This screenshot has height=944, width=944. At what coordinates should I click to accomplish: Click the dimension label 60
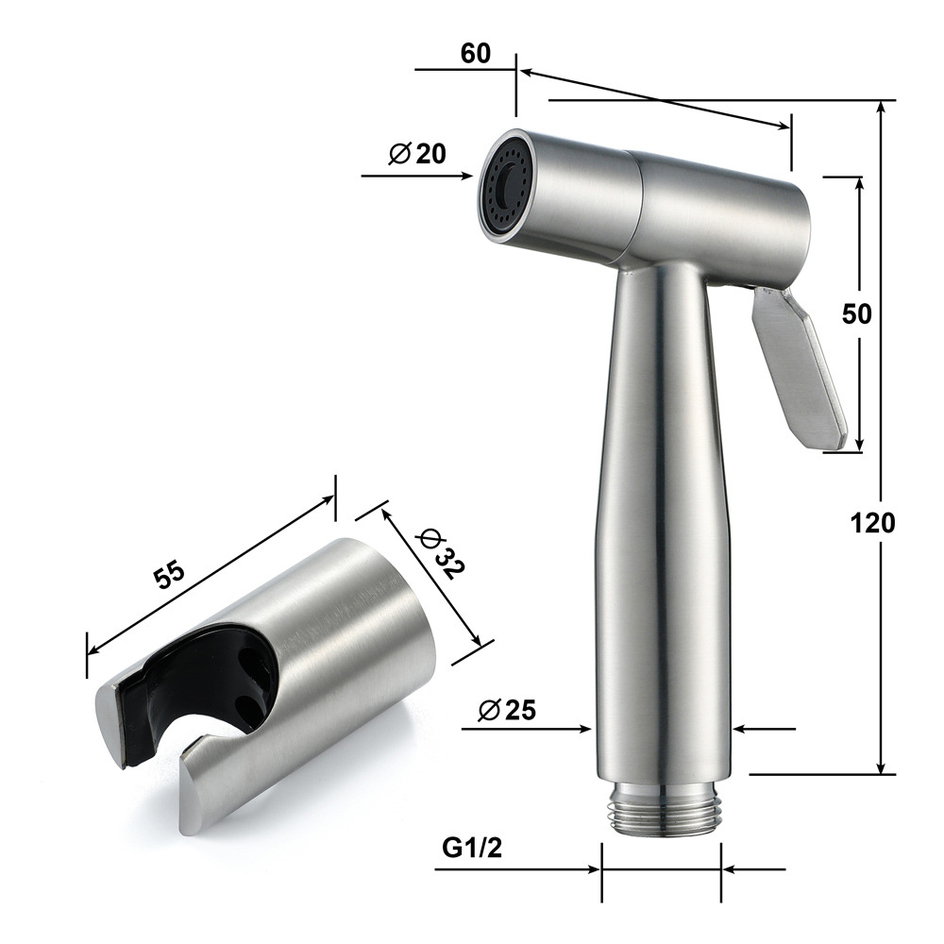point(476,54)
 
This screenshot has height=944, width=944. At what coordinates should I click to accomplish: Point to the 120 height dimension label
point(872,522)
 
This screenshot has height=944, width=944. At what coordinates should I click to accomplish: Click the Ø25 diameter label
point(506,710)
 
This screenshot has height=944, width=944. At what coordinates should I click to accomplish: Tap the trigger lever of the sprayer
point(798,368)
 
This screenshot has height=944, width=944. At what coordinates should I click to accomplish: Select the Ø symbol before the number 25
point(488,711)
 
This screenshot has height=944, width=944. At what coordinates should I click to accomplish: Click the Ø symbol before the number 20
point(399,153)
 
